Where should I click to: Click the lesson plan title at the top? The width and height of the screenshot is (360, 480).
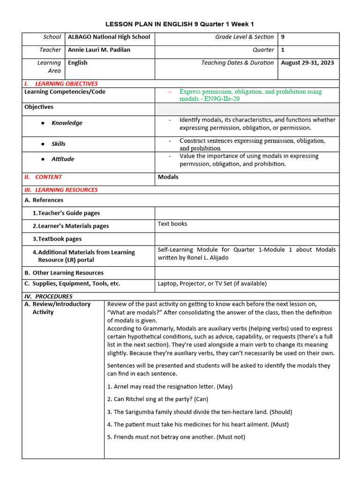(180, 24)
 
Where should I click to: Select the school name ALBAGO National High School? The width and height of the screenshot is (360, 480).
(109, 37)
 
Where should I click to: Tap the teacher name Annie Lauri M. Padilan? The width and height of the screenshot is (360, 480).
(99, 50)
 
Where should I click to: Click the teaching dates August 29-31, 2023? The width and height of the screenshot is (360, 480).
(307, 63)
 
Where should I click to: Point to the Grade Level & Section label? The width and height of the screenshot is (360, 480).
(244, 37)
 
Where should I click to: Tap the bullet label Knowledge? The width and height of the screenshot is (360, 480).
(67, 123)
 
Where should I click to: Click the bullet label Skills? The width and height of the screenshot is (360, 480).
(58, 144)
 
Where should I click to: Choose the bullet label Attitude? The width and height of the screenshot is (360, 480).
(62, 159)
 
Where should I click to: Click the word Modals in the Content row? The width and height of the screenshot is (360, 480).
(168, 177)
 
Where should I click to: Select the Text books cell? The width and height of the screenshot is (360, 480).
(172, 224)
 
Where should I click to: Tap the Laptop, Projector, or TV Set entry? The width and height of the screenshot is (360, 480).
(212, 284)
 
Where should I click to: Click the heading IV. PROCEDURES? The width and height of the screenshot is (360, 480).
(48, 296)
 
